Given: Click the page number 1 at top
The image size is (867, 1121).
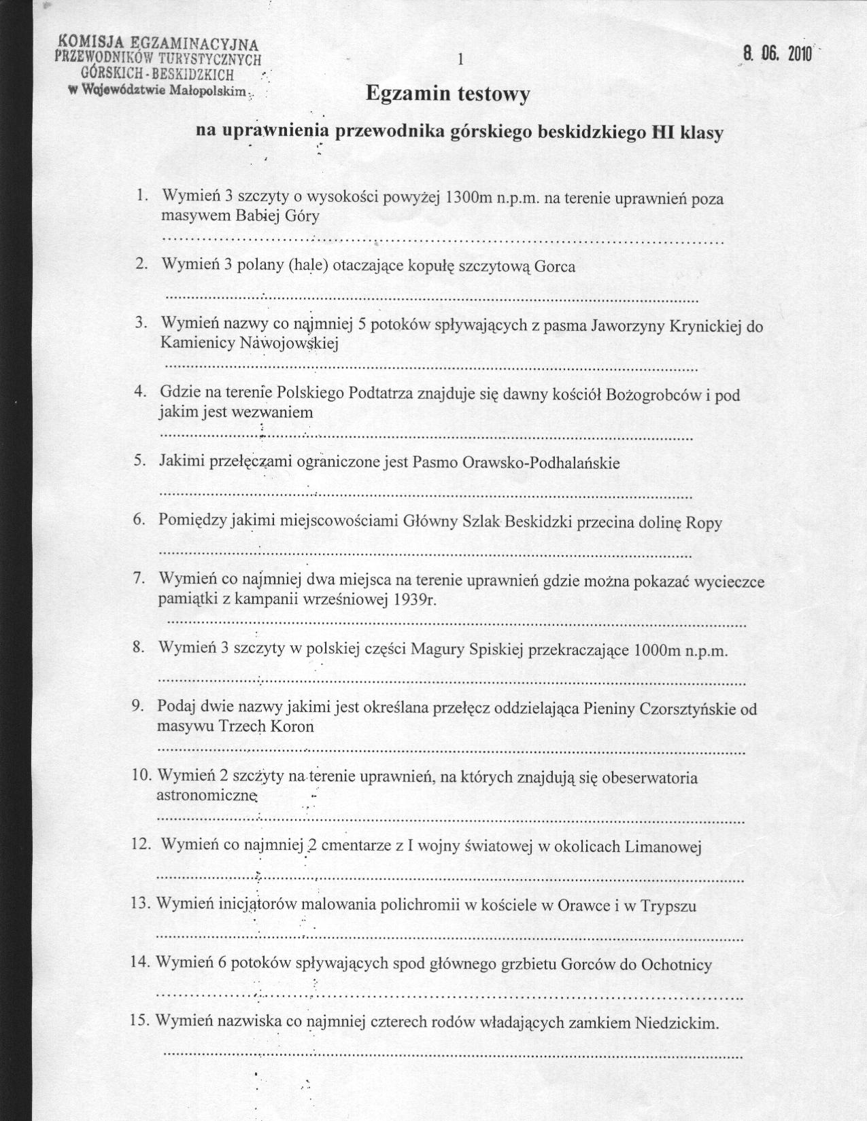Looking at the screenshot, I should pyautogui.click(x=460, y=60).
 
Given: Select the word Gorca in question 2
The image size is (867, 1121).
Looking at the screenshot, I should pyautogui.click(x=555, y=266).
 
